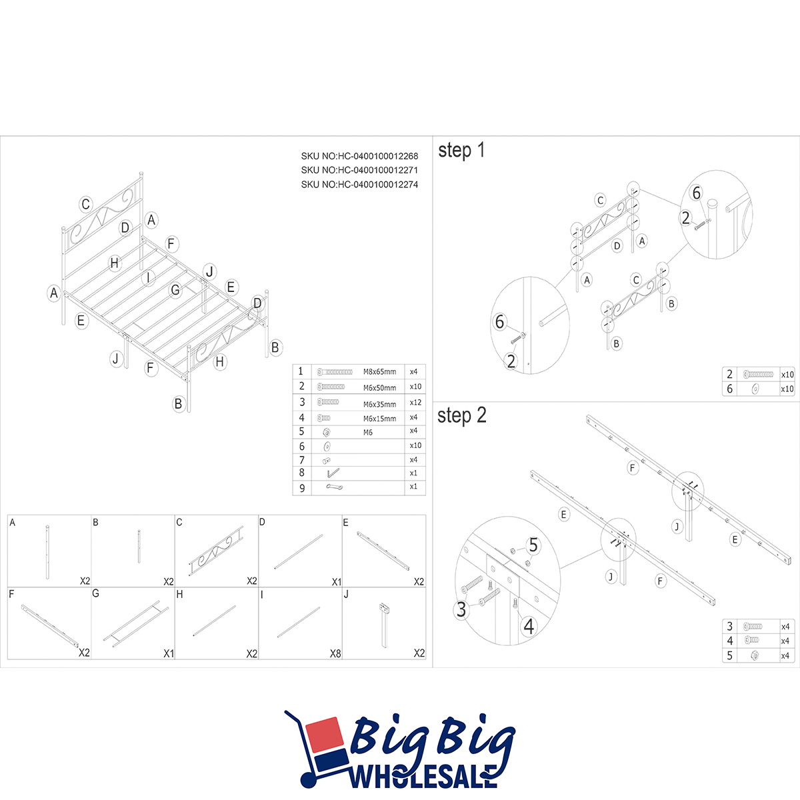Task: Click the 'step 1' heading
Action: pos(461,150)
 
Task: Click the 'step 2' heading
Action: pos(461,415)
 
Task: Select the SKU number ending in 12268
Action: pos(359,156)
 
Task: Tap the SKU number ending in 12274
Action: pos(359,184)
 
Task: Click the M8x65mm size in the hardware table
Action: pos(379,372)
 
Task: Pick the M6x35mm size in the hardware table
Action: pos(379,405)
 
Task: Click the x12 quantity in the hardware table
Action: pos(415,402)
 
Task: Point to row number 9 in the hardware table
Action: pos(302,488)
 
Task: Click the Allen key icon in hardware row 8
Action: pos(333,473)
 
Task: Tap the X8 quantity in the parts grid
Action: pos(335,654)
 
